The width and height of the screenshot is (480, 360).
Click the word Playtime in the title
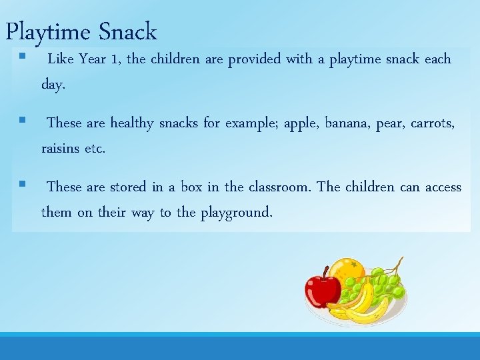48,31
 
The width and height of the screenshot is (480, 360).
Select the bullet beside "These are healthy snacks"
22,121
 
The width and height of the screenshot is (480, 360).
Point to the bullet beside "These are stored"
22,185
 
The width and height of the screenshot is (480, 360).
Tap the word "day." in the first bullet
53,85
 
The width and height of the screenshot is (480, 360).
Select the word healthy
131,123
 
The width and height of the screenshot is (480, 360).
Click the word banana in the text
347,123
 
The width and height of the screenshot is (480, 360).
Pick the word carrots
432,123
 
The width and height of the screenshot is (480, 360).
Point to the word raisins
61,149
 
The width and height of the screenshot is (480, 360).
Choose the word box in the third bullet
191,187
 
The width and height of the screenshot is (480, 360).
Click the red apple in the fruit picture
322,287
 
